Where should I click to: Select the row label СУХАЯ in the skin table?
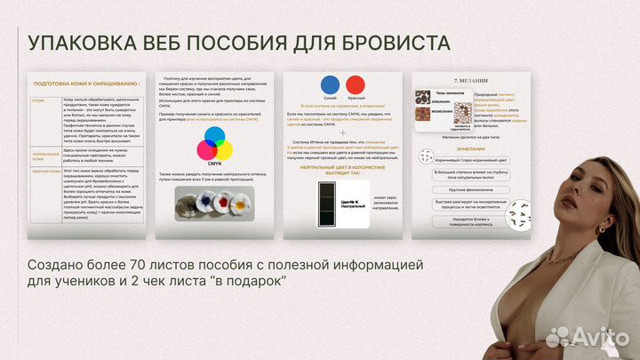[x=38, y=100]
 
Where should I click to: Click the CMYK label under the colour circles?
[x=213, y=163]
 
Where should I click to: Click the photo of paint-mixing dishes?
[x=213, y=203]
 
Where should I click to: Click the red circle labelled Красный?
[x=356, y=85]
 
